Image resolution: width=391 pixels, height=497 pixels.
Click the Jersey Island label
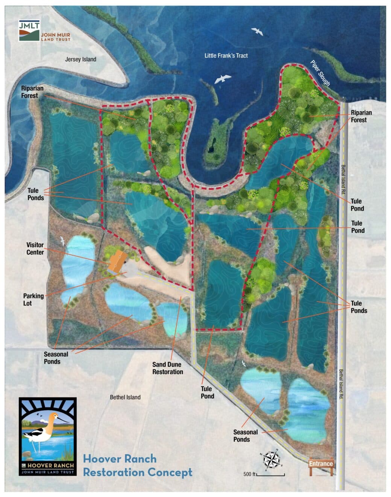click(x=80, y=59)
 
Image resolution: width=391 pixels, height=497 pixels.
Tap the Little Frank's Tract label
click(x=226, y=56)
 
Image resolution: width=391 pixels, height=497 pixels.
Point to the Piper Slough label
click(x=320, y=73)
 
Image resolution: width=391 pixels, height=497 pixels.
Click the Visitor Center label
click(x=35, y=249)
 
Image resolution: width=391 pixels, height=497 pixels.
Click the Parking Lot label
click(x=33, y=299)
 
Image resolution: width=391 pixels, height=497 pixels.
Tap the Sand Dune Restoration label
click(x=167, y=368)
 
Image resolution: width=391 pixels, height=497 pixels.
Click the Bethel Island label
click(x=125, y=397)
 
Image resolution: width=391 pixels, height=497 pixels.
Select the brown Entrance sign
click(x=321, y=464)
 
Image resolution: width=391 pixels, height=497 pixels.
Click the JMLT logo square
click(x=29, y=30)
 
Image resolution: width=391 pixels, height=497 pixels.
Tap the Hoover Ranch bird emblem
click(x=47, y=436)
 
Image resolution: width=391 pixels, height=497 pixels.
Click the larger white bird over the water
click(x=223, y=79)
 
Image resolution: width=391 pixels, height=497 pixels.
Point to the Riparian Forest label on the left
click(x=32, y=92)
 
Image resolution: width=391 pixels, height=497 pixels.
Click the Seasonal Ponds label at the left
click(x=56, y=358)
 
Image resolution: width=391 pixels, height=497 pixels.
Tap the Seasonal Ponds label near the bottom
click(x=246, y=436)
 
